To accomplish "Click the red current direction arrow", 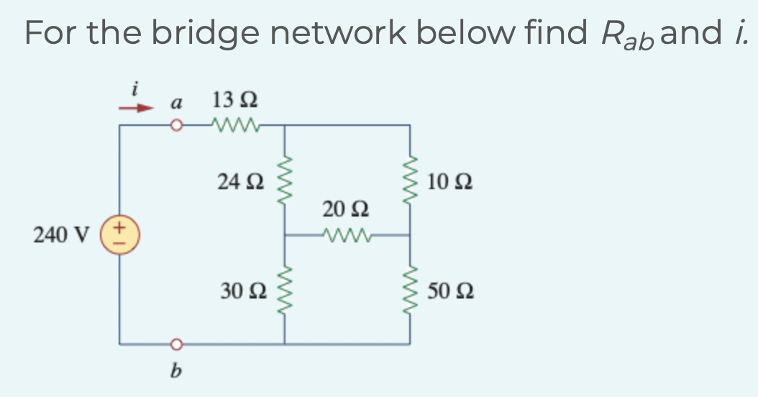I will click(x=137, y=109).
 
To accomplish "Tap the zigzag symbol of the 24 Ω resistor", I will click(x=285, y=181).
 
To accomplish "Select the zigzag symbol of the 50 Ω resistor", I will click(x=411, y=290).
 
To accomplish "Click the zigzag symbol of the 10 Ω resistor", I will click(x=411, y=181).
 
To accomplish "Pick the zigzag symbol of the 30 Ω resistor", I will click(x=285, y=290).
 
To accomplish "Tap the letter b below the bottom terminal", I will click(x=174, y=372).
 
